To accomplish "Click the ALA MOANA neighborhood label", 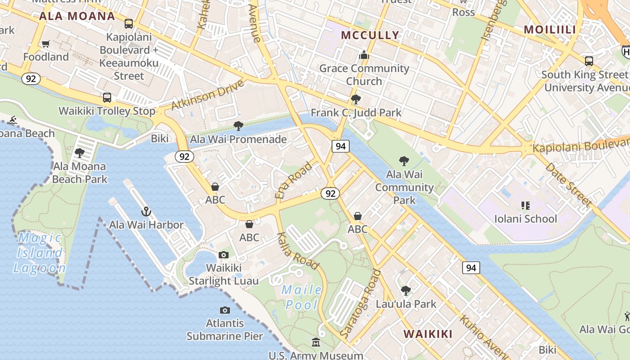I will click(77, 17).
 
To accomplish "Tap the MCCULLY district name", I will click(370, 35).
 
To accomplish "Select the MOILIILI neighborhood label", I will click(550, 30).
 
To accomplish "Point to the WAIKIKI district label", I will click(427, 334).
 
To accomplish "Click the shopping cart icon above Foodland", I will click(45, 44).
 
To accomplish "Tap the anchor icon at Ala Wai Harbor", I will click(146, 211).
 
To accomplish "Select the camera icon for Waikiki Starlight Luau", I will click(223, 255).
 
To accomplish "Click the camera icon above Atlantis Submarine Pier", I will click(225, 310).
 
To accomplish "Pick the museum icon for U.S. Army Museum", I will click(316, 343).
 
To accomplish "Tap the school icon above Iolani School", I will click(525, 206).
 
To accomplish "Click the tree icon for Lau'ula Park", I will click(406, 291).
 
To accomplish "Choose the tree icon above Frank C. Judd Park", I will click(355, 99).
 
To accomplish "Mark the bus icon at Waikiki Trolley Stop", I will click(107, 97).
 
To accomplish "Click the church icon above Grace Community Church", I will click(364, 55).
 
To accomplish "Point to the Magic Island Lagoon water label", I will click(39, 253).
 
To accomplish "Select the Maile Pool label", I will click(302, 297).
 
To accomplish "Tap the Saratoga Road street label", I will click(360, 304).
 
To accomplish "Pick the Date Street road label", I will click(569, 185).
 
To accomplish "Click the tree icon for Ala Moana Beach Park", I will click(80, 153).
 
